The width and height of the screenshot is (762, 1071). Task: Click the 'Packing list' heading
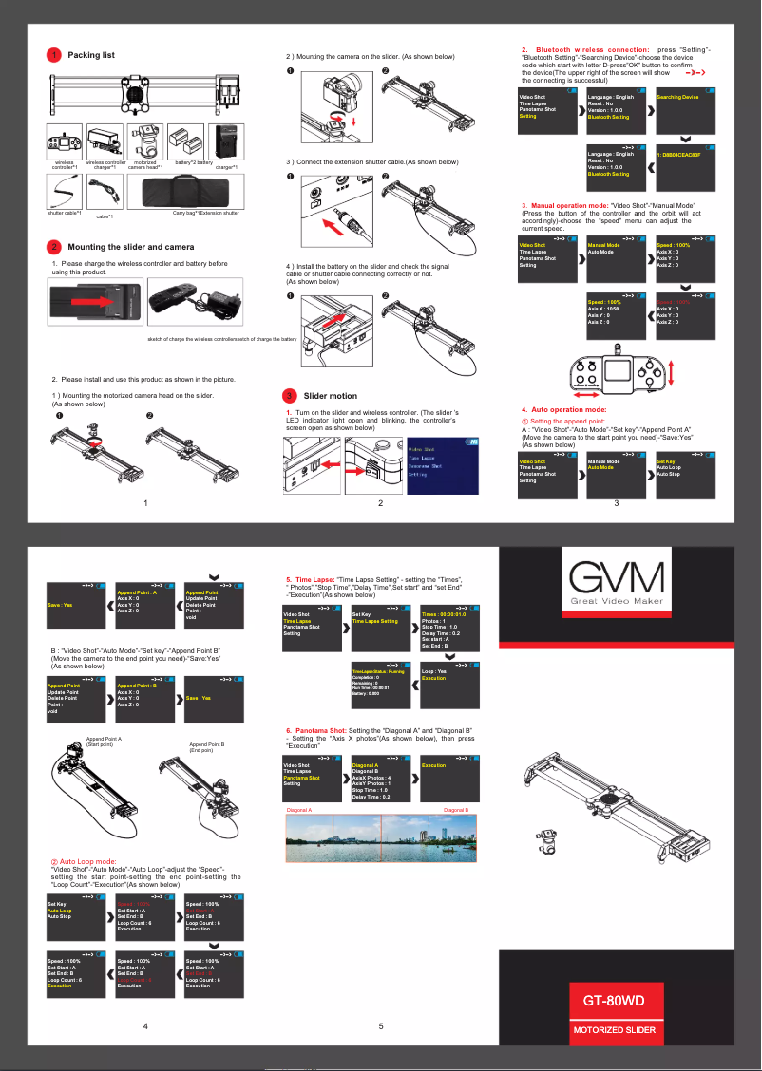[x=91, y=55]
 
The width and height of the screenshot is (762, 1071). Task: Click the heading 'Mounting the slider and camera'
[x=124, y=247]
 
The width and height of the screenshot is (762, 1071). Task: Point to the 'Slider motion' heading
[x=330, y=395]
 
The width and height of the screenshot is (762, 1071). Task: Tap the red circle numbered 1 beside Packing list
[x=55, y=55]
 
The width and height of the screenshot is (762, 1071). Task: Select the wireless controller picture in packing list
[x=63, y=144]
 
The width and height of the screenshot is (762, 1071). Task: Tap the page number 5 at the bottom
[x=380, y=1026]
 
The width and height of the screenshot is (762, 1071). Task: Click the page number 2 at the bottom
[x=380, y=503]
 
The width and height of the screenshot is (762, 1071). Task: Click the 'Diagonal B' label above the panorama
[x=456, y=810]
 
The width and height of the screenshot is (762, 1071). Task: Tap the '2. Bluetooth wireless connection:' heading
[x=585, y=49]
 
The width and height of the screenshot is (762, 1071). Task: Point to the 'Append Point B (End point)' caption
[x=207, y=747]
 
